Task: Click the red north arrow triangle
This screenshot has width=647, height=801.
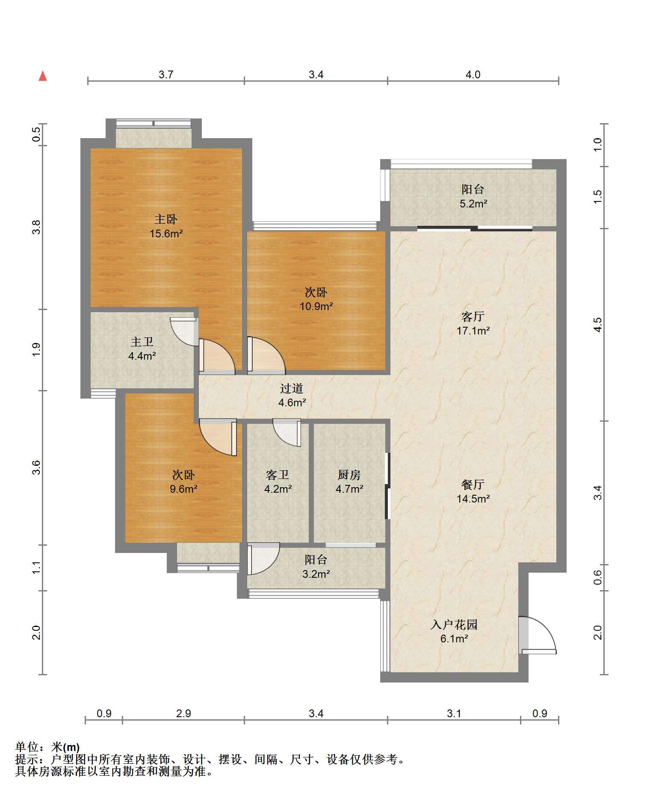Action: (x=43, y=77)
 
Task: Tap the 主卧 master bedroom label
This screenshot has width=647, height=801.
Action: (x=166, y=219)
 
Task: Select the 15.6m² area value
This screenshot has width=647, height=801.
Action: (x=166, y=234)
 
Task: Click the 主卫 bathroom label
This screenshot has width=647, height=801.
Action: (x=142, y=342)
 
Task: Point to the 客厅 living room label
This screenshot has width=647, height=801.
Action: (x=473, y=316)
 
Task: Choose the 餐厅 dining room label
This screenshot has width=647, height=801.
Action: (x=473, y=484)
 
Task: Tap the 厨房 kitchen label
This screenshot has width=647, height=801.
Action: (x=349, y=475)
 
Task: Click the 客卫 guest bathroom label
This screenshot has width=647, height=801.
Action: (x=278, y=475)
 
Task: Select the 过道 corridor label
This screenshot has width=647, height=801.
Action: (x=292, y=388)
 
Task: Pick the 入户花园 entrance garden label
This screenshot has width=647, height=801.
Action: (x=454, y=625)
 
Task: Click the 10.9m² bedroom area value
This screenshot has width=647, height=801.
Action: (x=316, y=306)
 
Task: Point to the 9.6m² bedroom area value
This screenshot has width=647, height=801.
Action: (x=183, y=489)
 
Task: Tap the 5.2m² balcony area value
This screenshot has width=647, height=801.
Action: (x=473, y=204)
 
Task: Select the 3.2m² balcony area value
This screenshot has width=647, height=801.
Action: (x=316, y=574)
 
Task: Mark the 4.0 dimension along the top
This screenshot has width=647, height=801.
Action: (x=473, y=74)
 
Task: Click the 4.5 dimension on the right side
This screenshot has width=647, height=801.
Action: (x=598, y=325)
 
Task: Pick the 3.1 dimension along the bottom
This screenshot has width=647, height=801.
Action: (x=454, y=713)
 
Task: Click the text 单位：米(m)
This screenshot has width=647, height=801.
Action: (x=47, y=747)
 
